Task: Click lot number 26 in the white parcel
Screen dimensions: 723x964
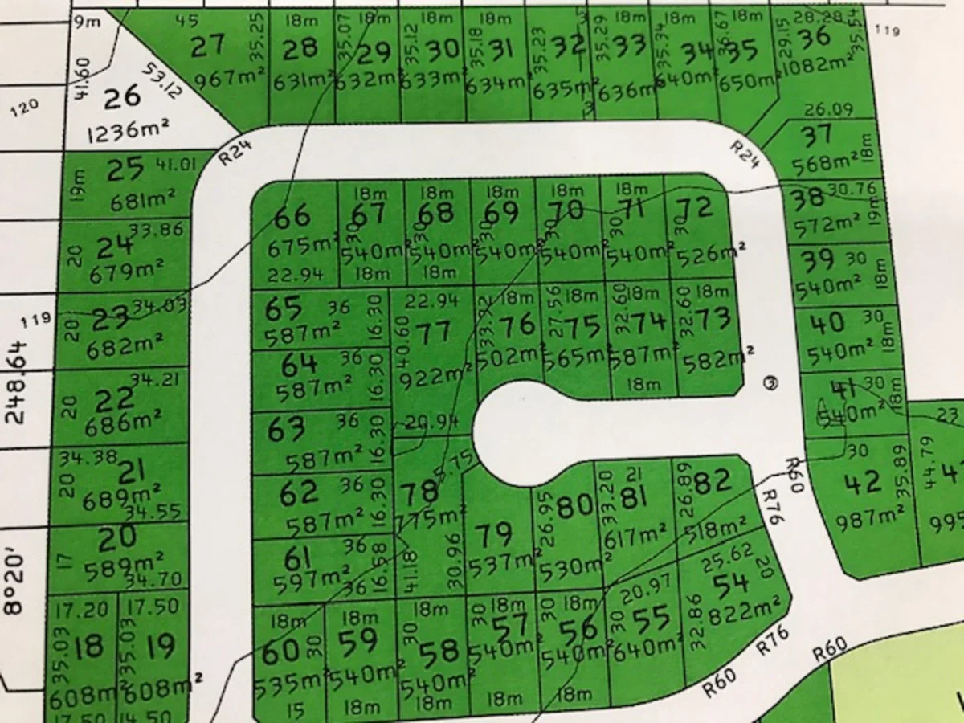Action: [122, 97]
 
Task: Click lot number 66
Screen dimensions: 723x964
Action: [292, 216]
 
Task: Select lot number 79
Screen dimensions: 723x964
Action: [494, 534]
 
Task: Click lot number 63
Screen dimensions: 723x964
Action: [286, 429]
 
